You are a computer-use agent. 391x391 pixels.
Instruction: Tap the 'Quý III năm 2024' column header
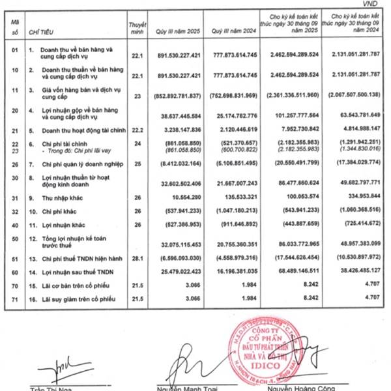click(x=230, y=31)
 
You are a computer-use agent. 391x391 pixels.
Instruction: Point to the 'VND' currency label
click(x=377, y=4)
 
